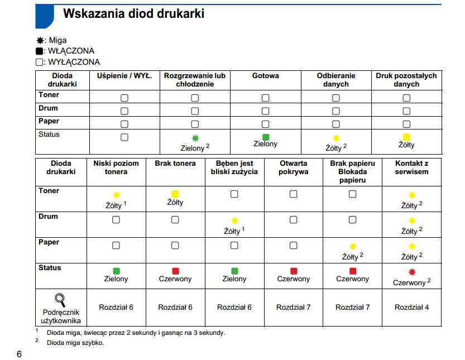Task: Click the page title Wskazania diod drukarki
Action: point(134,13)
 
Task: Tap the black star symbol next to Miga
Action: point(40,40)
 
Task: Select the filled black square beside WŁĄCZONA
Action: point(40,51)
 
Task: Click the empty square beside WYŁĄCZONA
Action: point(40,62)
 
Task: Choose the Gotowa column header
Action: point(265,75)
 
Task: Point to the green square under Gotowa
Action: point(266,137)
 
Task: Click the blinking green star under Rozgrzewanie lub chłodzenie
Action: point(195,138)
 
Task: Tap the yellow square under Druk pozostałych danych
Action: point(406,137)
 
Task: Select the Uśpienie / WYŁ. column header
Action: point(124,75)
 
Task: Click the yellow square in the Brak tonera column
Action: point(175,194)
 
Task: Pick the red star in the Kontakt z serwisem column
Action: point(412,272)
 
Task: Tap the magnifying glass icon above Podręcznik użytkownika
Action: point(60,300)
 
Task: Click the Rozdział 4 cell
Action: point(411,307)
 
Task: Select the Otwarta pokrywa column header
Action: point(293,167)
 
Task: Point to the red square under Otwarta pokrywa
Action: point(294,271)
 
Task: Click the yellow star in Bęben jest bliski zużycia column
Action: point(234,220)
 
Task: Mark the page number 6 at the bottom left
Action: point(20,354)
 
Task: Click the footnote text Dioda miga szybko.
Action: point(75,343)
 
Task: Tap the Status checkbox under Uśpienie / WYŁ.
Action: point(124,137)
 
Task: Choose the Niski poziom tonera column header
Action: point(116,167)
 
